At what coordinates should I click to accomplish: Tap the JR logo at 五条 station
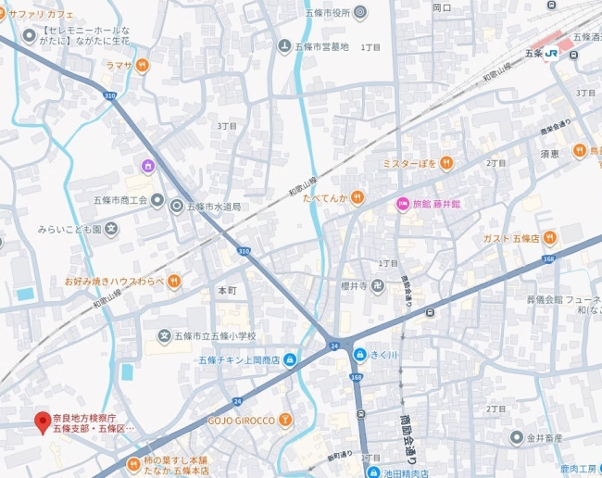click(x=552, y=53)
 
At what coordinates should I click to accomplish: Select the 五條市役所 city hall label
click(x=329, y=12)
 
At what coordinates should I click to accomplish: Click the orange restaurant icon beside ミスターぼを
click(x=445, y=163)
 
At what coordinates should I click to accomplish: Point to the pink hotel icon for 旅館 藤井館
click(x=403, y=204)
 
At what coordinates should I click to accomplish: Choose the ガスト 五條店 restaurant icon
click(x=549, y=238)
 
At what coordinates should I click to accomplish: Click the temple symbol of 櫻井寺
click(x=378, y=286)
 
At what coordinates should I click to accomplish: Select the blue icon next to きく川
click(x=360, y=353)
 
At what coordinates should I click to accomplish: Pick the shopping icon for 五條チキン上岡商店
click(x=290, y=359)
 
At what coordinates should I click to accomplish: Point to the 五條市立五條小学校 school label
click(x=214, y=336)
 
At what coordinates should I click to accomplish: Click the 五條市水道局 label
click(x=214, y=206)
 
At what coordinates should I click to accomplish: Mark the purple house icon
click(x=147, y=166)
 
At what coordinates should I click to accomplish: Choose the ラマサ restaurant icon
click(x=142, y=65)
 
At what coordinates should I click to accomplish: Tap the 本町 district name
click(x=227, y=290)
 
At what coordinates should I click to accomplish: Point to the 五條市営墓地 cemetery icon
click(x=284, y=46)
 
